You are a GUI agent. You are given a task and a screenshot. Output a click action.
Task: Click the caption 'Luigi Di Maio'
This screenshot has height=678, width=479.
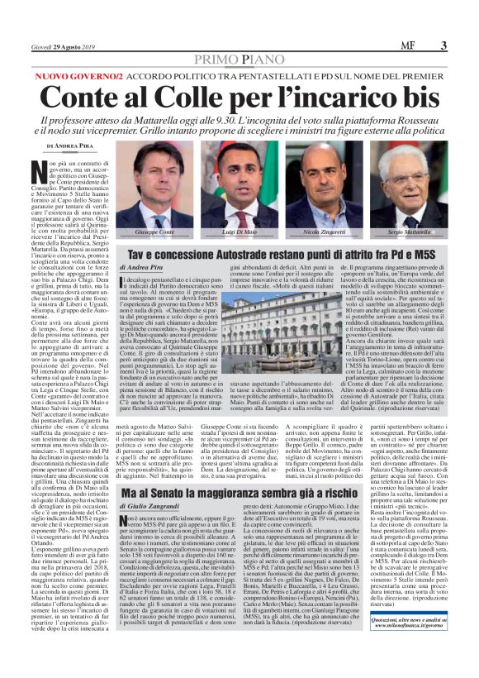239,235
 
